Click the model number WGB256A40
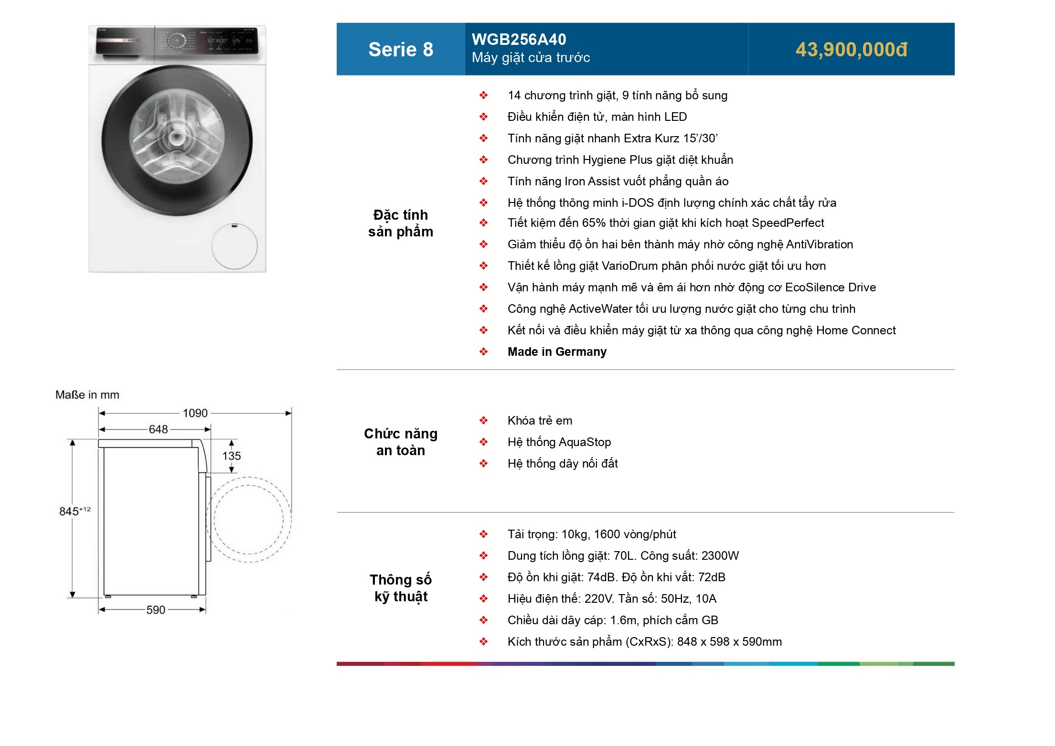[519, 39]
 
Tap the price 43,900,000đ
[851, 50]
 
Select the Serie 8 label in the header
[401, 50]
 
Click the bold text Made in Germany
[557, 352]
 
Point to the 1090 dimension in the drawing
[195, 413]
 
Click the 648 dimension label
[158, 429]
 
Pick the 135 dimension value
[232, 456]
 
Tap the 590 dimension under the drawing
[156, 610]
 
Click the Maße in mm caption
[87, 395]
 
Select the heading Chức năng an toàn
[401, 442]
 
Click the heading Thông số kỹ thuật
[401, 588]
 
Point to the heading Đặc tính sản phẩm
[401, 223]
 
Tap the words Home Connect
[856, 330]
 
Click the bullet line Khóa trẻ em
[540, 421]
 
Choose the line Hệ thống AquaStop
[559, 442]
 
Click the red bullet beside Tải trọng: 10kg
[484, 534]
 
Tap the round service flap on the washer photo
[234, 246]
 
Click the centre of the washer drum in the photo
[176, 138]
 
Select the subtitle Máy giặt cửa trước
[531, 58]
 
